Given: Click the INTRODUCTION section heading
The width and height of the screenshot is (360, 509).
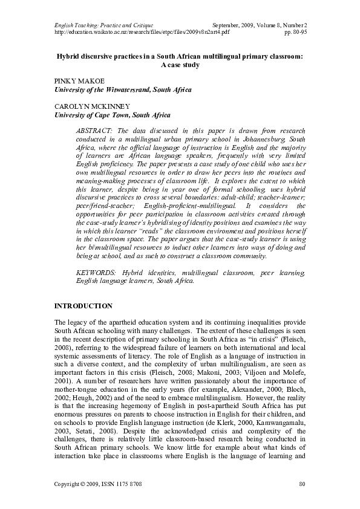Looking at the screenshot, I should [x=83, y=306].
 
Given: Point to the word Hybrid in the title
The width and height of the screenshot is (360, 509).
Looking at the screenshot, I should [x=69, y=56].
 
